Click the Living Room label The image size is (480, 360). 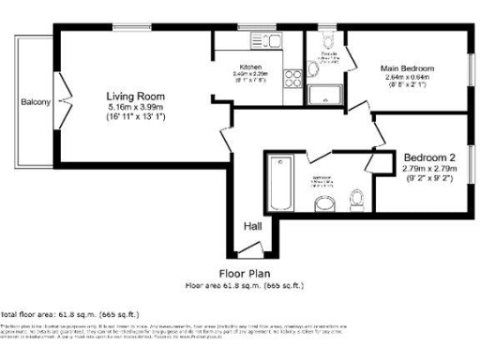point(136,96)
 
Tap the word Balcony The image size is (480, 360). point(36,102)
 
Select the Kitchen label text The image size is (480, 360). point(250,67)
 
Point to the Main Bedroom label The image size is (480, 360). point(407,68)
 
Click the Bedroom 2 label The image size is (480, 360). point(429,157)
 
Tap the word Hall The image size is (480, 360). point(252,226)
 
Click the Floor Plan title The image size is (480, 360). point(244,273)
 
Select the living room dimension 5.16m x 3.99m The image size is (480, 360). point(136,107)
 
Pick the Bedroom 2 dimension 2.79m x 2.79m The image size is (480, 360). point(429,169)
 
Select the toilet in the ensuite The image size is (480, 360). point(326,41)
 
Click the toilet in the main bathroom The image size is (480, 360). point(356,198)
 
